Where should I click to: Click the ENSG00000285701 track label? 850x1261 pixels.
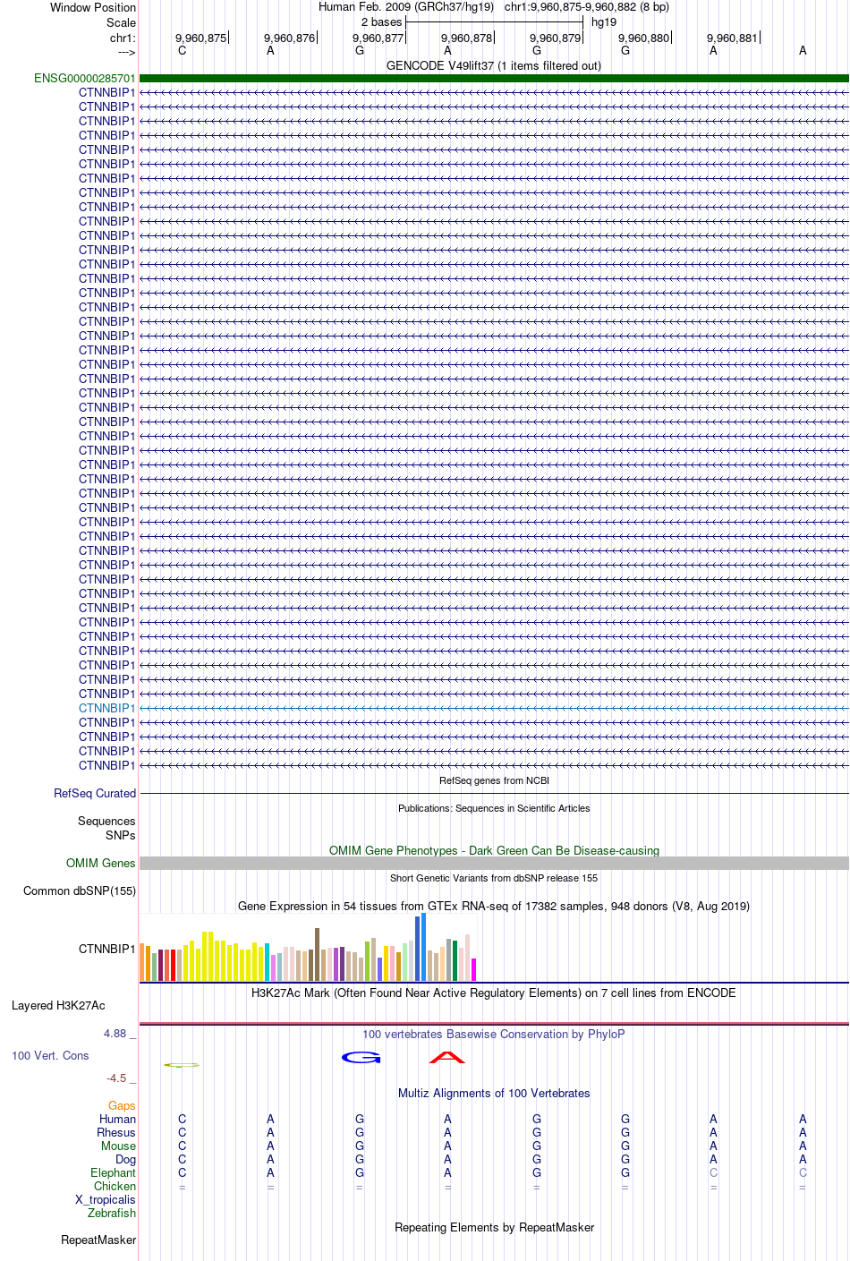[85, 79]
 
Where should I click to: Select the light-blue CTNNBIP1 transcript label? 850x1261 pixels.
[107, 708]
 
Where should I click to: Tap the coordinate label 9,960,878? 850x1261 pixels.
[467, 38]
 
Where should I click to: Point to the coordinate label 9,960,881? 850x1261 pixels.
[732, 38]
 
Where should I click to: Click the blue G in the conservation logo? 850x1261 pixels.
[361, 1058]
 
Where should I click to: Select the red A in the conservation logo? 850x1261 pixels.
[447, 1058]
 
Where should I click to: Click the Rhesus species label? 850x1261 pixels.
[116, 1133]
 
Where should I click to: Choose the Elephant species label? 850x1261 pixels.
[113, 1173]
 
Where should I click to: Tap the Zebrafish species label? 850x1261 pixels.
[112, 1214]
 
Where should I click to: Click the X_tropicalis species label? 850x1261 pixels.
[106, 1200]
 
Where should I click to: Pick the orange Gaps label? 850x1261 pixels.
[122, 1106]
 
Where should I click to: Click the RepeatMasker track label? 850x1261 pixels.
[98, 1240]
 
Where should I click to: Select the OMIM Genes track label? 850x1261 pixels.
[101, 864]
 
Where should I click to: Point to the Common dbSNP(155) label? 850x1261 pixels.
[80, 891]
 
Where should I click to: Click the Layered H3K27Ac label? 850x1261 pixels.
[58, 1006]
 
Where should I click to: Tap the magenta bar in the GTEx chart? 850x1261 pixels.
[473, 970]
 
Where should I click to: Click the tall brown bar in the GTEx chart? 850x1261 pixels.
[317, 955]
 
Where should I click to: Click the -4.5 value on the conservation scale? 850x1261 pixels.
[116, 1078]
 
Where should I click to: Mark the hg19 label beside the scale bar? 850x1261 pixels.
[604, 22]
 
